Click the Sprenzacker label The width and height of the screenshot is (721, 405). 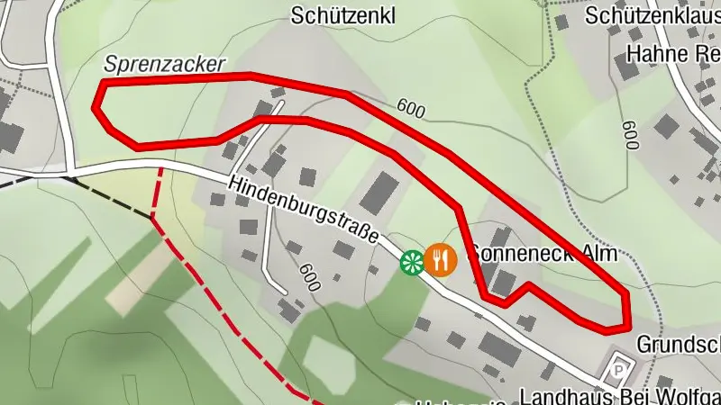pos(164,63)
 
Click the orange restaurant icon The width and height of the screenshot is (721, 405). pos(441,260)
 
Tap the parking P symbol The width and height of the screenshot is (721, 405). pos(618,367)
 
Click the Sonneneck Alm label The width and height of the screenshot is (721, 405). pos(543,254)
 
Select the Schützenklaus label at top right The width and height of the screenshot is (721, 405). pos(651,15)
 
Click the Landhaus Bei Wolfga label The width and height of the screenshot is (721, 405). pos(621,396)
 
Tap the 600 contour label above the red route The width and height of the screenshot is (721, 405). pos(410,109)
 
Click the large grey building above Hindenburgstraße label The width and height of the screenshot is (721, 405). pos(379,193)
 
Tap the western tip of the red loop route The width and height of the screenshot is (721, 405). pos(96,106)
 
